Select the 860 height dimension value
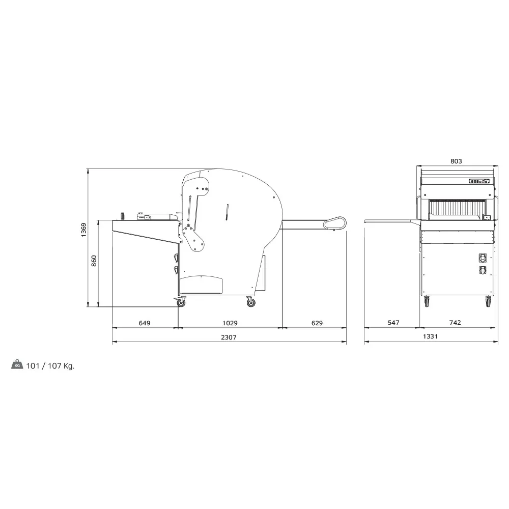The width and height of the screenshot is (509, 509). (94, 262)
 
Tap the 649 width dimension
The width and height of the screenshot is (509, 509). (145, 323)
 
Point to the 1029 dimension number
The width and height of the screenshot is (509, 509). (230, 323)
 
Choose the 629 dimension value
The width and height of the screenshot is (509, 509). (317, 323)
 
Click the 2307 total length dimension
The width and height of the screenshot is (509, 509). (229, 337)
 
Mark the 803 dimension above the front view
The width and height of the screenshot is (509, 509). (456, 161)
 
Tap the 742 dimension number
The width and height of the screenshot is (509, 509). (455, 323)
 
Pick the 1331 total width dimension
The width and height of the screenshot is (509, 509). (431, 337)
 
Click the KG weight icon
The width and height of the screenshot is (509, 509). (17, 365)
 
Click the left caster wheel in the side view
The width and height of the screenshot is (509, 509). (181, 303)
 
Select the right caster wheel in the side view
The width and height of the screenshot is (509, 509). (251, 303)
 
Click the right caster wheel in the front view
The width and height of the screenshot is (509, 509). (488, 302)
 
